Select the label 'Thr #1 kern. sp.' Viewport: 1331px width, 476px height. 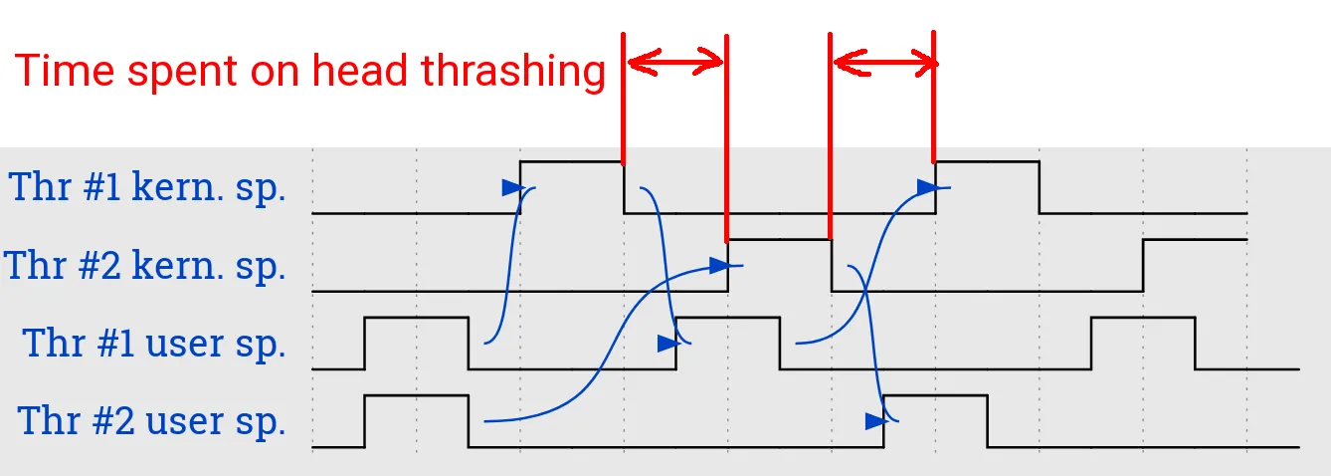coord(147,187)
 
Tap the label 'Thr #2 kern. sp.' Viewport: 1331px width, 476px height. coord(145,266)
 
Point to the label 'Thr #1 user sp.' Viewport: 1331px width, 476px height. coord(154,344)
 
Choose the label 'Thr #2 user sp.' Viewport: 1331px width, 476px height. coord(152,421)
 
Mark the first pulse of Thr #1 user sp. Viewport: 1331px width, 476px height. coord(417,342)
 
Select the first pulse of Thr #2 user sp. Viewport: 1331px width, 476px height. coord(417,419)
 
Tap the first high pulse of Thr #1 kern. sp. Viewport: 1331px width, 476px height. coord(572,185)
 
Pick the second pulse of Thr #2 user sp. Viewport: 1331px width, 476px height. coord(935,419)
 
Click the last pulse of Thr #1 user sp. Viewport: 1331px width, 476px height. coord(1143,342)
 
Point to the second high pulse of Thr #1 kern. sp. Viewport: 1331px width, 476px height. coord(987,185)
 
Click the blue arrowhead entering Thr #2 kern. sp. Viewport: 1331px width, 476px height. coord(719,265)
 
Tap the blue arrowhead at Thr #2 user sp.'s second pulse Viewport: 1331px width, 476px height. coord(874,421)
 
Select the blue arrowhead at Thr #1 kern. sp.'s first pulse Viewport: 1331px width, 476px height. coord(511,187)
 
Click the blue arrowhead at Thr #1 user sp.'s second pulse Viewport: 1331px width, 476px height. coord(667,344)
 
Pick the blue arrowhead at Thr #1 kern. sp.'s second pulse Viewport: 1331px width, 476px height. coord(926,186)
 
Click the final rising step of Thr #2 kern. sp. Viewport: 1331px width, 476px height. coord(1143,265)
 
